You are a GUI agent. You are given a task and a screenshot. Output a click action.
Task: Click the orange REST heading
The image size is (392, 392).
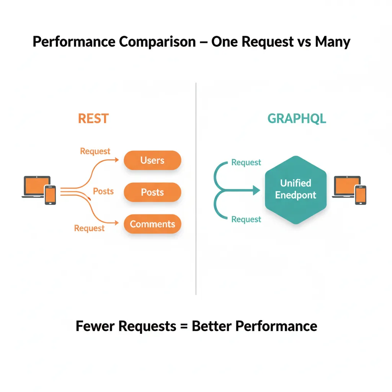(93, 119)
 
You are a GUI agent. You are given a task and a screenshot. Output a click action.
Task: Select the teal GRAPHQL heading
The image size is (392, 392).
(297, 119)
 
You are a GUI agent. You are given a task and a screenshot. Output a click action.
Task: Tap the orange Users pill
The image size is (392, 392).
(152, 160)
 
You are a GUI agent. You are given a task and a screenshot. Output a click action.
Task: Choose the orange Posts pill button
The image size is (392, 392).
(152, 192)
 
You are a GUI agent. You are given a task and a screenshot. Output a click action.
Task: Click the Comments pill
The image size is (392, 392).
(152, 224)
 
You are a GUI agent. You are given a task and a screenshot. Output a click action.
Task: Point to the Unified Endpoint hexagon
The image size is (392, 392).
(296, 189)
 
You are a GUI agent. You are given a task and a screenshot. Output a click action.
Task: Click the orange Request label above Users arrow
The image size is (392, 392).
(95, 151)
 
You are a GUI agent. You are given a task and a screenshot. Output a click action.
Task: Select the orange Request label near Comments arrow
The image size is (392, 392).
(89, 228)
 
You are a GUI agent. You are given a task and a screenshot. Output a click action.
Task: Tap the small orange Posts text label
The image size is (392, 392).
(103, 191)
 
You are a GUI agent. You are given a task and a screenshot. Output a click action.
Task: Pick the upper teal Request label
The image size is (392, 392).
(246, 163)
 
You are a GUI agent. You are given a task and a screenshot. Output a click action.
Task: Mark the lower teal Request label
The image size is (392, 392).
(246, 219)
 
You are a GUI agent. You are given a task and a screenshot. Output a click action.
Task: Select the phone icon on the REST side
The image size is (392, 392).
(50, 195)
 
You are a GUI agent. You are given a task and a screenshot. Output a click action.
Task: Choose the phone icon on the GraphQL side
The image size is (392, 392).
(360, 195)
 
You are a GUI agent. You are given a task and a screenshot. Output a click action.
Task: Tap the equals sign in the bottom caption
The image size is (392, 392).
(184, 326)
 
